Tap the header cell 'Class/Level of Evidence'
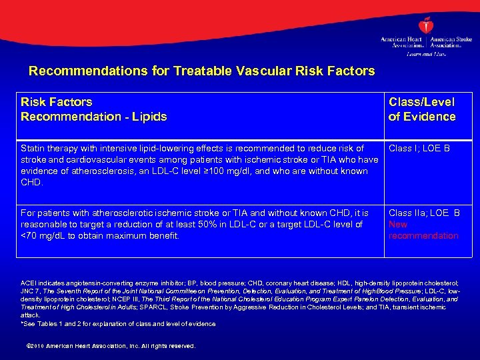[421, 109]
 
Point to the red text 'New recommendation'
[423, 230]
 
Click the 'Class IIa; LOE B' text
[424, 213]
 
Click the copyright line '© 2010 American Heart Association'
[109, 346]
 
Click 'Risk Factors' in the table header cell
[57, 102]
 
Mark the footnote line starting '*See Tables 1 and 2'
[118, 324]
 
